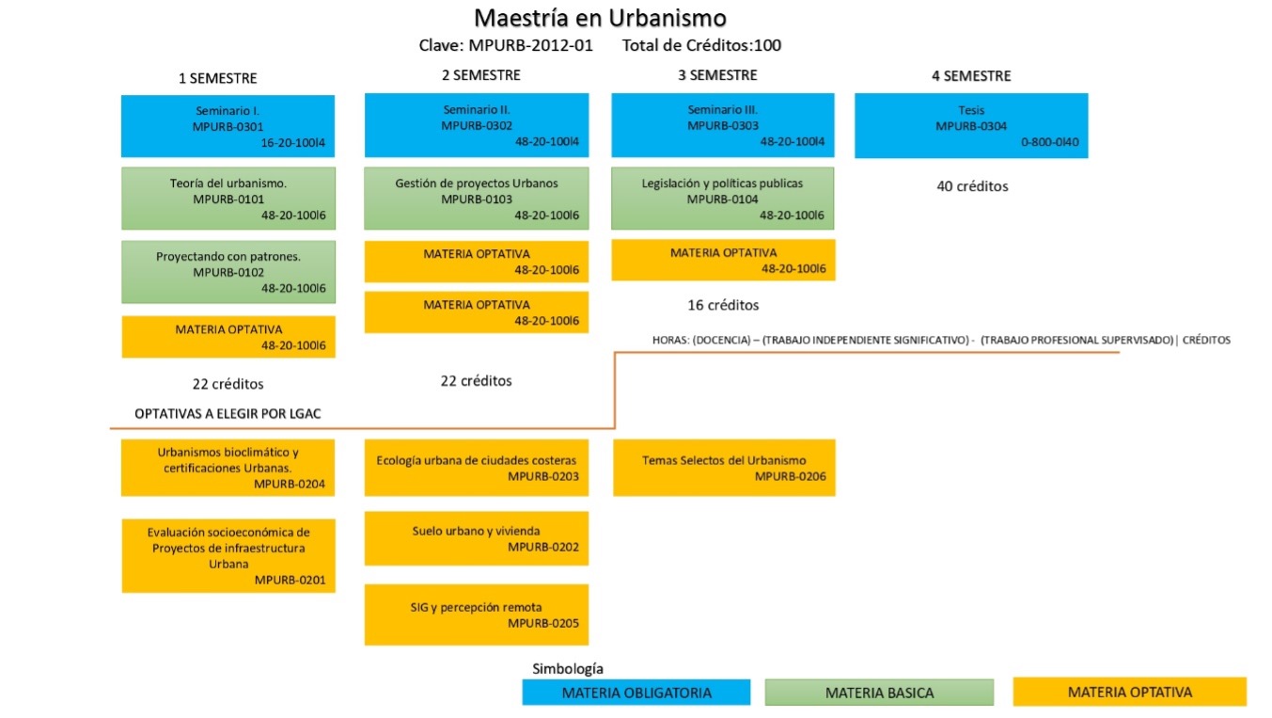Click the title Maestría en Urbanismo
click(600, 18)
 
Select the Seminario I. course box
click(228, 126)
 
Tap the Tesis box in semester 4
click(971, 126)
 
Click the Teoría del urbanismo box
click(228, 199)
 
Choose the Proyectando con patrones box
click(228, 272)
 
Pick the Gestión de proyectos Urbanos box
click(477, 199)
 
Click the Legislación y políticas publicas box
click(722, 199)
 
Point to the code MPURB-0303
click(722, 126)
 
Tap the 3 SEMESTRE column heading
click(717, 75)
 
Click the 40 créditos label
click(972, 186)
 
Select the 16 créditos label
click(723, 305)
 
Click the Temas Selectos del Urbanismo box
click(724, 468)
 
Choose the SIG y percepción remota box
click(477, 614)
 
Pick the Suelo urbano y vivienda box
click(477, 538)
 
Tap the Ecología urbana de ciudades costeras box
click(477, 468)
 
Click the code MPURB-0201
click(290, 580)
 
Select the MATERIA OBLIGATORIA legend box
click(636, 693)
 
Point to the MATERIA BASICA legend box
click(879, 693)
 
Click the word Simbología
click(567, 668)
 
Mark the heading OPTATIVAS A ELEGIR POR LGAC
click(228, 413)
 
